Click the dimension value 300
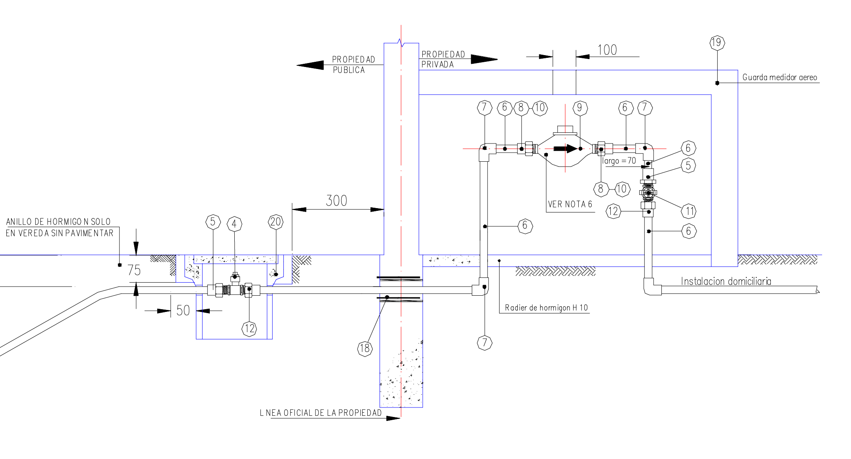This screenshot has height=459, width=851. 336,201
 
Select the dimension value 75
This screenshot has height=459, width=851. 134,270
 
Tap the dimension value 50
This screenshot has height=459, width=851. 183,310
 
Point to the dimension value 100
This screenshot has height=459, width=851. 607,50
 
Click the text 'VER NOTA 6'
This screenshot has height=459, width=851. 570,205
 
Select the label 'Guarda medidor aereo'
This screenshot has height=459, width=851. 780,77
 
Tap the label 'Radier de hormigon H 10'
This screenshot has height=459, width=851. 546,308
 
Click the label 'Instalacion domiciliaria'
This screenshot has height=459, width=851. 726,281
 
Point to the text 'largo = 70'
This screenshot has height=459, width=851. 619,161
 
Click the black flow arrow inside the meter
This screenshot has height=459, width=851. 566,149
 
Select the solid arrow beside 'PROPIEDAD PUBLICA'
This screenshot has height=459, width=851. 310,65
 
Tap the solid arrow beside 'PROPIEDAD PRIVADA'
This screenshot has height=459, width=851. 484,59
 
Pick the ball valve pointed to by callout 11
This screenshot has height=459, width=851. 648,193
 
